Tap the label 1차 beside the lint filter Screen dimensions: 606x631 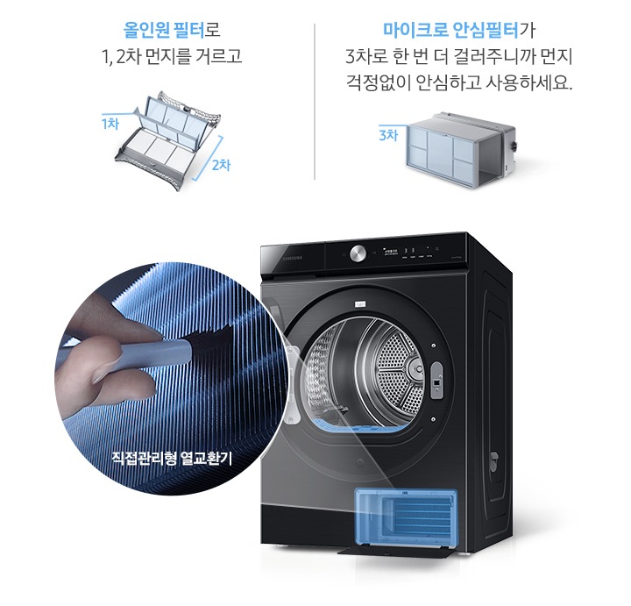(110, 124)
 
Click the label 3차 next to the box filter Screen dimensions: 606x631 (388, 135)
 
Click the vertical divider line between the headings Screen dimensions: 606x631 (315, 101)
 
